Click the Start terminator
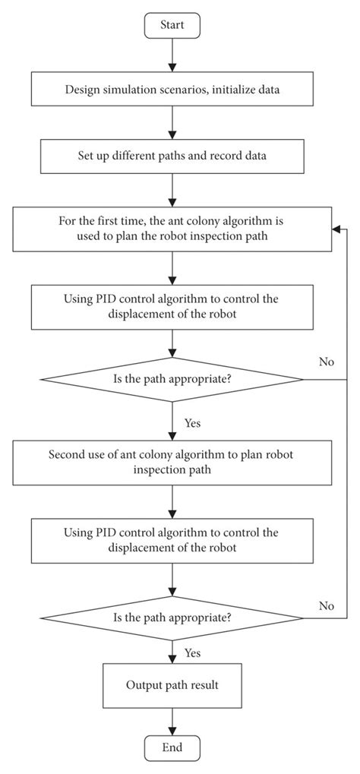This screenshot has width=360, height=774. coord(172,25)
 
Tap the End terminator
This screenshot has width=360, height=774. coord(172,747)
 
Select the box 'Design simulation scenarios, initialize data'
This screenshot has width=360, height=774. coord(172,90)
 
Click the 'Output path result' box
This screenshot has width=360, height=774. coord(172,685)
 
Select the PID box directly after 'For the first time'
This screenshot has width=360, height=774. coord(172,305)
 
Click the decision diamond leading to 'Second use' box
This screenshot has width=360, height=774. coord(172,379)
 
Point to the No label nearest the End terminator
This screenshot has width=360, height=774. coord(327,605)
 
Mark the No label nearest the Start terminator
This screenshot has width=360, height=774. coord(327,362)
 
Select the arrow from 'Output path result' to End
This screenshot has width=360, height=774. coord(173,720)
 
